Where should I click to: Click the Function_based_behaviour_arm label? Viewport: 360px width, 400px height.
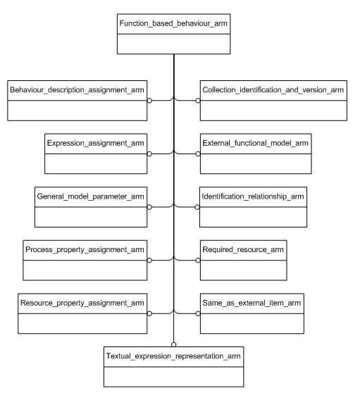[x=173, y=25]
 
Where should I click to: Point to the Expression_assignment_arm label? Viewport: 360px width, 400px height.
[x=96, y=144]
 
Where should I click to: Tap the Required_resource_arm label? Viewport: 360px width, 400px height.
[x=244, y=249]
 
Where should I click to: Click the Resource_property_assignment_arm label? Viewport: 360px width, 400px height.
[x=83, y=302]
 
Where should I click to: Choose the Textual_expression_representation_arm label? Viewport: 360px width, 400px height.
[x=173, y=357]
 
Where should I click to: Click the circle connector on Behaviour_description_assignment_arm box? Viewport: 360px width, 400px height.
[x=149, y=101]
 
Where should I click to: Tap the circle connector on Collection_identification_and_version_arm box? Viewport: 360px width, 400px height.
[x=198, y=101]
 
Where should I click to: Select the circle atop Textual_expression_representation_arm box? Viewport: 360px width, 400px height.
[x=173, y=344]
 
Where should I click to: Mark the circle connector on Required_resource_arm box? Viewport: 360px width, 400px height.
[x=198, y=259]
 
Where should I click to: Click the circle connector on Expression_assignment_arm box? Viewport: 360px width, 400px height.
[x=149, y=154]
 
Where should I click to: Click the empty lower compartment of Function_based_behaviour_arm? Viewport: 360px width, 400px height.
[x=173, y=44]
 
